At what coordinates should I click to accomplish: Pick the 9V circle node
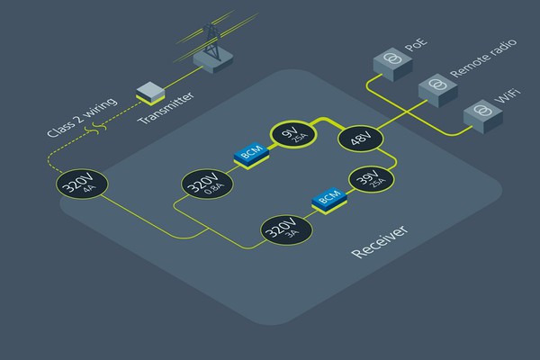tap(290, 137)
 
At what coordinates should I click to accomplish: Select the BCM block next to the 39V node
tap(328, 198)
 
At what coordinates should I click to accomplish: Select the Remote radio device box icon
tap(436, 87)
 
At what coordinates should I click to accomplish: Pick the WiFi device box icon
tap(480, 113)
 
